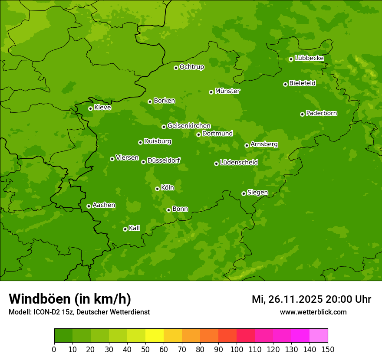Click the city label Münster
click(227, 91)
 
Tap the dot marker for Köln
click(157, 189)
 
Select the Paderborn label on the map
click(322, 113)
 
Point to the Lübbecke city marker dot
click(291, 59)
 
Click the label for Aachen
click(104, 205)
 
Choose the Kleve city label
click(103, 108)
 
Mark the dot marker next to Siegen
click(244, 193)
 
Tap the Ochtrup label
click(192, 67)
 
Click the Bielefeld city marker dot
click(285, 84)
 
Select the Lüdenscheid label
click(239, 163)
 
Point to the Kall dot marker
click(125, 229)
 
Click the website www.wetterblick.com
click(313, 312)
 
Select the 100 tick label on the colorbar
click(237, 349)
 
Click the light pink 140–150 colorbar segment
click(319, 336)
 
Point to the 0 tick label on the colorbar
click(54, 349)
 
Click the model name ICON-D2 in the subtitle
click(43, 312)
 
